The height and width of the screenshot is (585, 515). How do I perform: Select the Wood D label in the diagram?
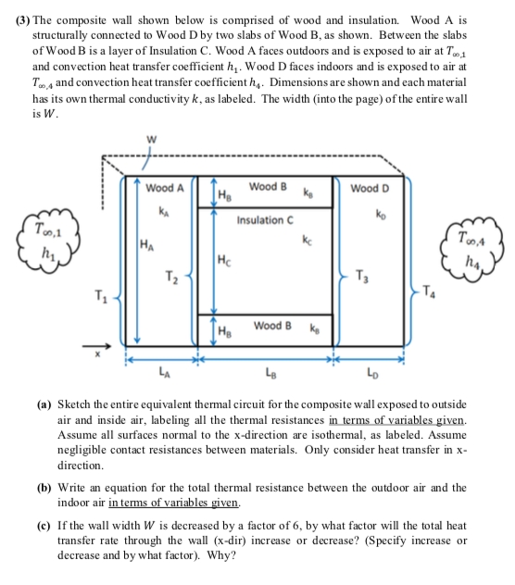point(371,189)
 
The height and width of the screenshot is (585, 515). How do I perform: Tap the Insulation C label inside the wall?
point(266,220)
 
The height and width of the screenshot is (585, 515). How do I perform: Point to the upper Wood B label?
point(268,186)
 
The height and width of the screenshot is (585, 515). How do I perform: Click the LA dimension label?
point(165,373)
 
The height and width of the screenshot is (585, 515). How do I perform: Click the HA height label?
point(147,245)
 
